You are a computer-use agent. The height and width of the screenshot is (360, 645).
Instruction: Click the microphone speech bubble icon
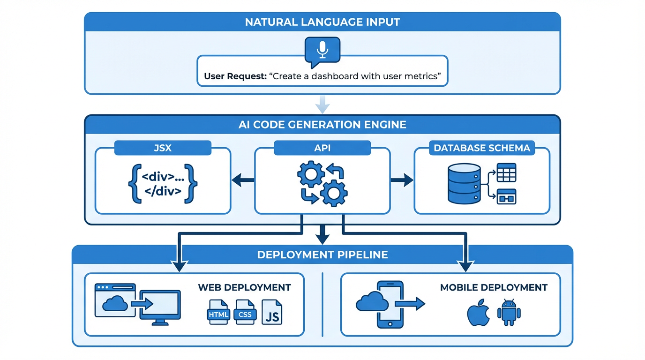pyautogui.click(x=322, y=51)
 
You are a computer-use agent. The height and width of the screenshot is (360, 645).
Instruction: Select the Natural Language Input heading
pyautogui.click(x=322, y=22)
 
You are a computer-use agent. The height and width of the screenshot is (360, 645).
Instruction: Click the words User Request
pyautogui.click(x=234, y=76)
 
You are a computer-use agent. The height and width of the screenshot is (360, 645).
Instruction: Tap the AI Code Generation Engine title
pyautogui.click(x=322, y=125)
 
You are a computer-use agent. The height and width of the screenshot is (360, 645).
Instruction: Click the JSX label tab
pyautogui.click(x=163, y=148)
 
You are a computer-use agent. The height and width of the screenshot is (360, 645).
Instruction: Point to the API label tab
pyautogui.click(x=322, y=148)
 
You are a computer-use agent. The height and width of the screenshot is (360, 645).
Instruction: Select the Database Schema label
pyautogui.click(x=481, y=148)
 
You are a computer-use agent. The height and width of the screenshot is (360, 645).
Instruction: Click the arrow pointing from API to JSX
pyautogui.click(x=242, y=180)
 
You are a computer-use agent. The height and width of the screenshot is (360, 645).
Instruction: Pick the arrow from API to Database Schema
pyautogui.click(x=402, y=180)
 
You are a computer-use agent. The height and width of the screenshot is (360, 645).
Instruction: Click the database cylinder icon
pyautogui.click(x=464, y=183)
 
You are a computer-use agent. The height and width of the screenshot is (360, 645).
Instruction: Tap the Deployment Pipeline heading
pyautogui.click(x=322, y=255)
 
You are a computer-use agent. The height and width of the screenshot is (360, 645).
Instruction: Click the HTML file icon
pyautogui.click(x=218, y=313)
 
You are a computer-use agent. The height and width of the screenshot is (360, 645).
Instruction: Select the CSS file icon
pyautogui.click(x=245, y=313)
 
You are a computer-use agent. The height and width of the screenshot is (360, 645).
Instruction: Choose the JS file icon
pyautogui.click(x=272, y=313)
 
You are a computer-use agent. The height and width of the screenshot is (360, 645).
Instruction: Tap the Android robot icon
pyautogui.click(x=509, y=313)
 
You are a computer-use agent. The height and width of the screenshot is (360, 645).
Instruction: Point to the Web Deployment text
pyautogui.click(x=244, y=287)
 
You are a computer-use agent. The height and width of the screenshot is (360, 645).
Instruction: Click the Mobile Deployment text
pyautogui.click(x=494, y=287)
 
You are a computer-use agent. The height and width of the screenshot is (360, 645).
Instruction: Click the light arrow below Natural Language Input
pyautogui.click(x=322, y=105)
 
